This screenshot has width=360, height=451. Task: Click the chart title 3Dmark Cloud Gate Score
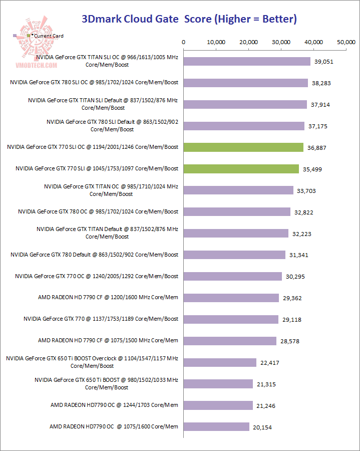189,19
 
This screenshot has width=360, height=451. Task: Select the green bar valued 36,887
243,147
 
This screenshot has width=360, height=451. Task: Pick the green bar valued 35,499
241,169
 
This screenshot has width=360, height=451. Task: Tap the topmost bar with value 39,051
247,61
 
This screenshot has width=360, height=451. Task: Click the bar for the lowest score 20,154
216,426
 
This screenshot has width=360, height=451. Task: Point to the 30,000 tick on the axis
281,42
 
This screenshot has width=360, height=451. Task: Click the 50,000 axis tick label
346,42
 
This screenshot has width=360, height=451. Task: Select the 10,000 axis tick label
216,42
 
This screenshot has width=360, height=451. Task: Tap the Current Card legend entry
48,36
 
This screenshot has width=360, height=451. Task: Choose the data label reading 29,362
291,298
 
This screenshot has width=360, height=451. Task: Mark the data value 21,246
265,406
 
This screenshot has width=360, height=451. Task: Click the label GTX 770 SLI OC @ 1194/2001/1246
93,147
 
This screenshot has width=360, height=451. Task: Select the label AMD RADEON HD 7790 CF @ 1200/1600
108,298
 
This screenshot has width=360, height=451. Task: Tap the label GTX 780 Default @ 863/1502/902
94,255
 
